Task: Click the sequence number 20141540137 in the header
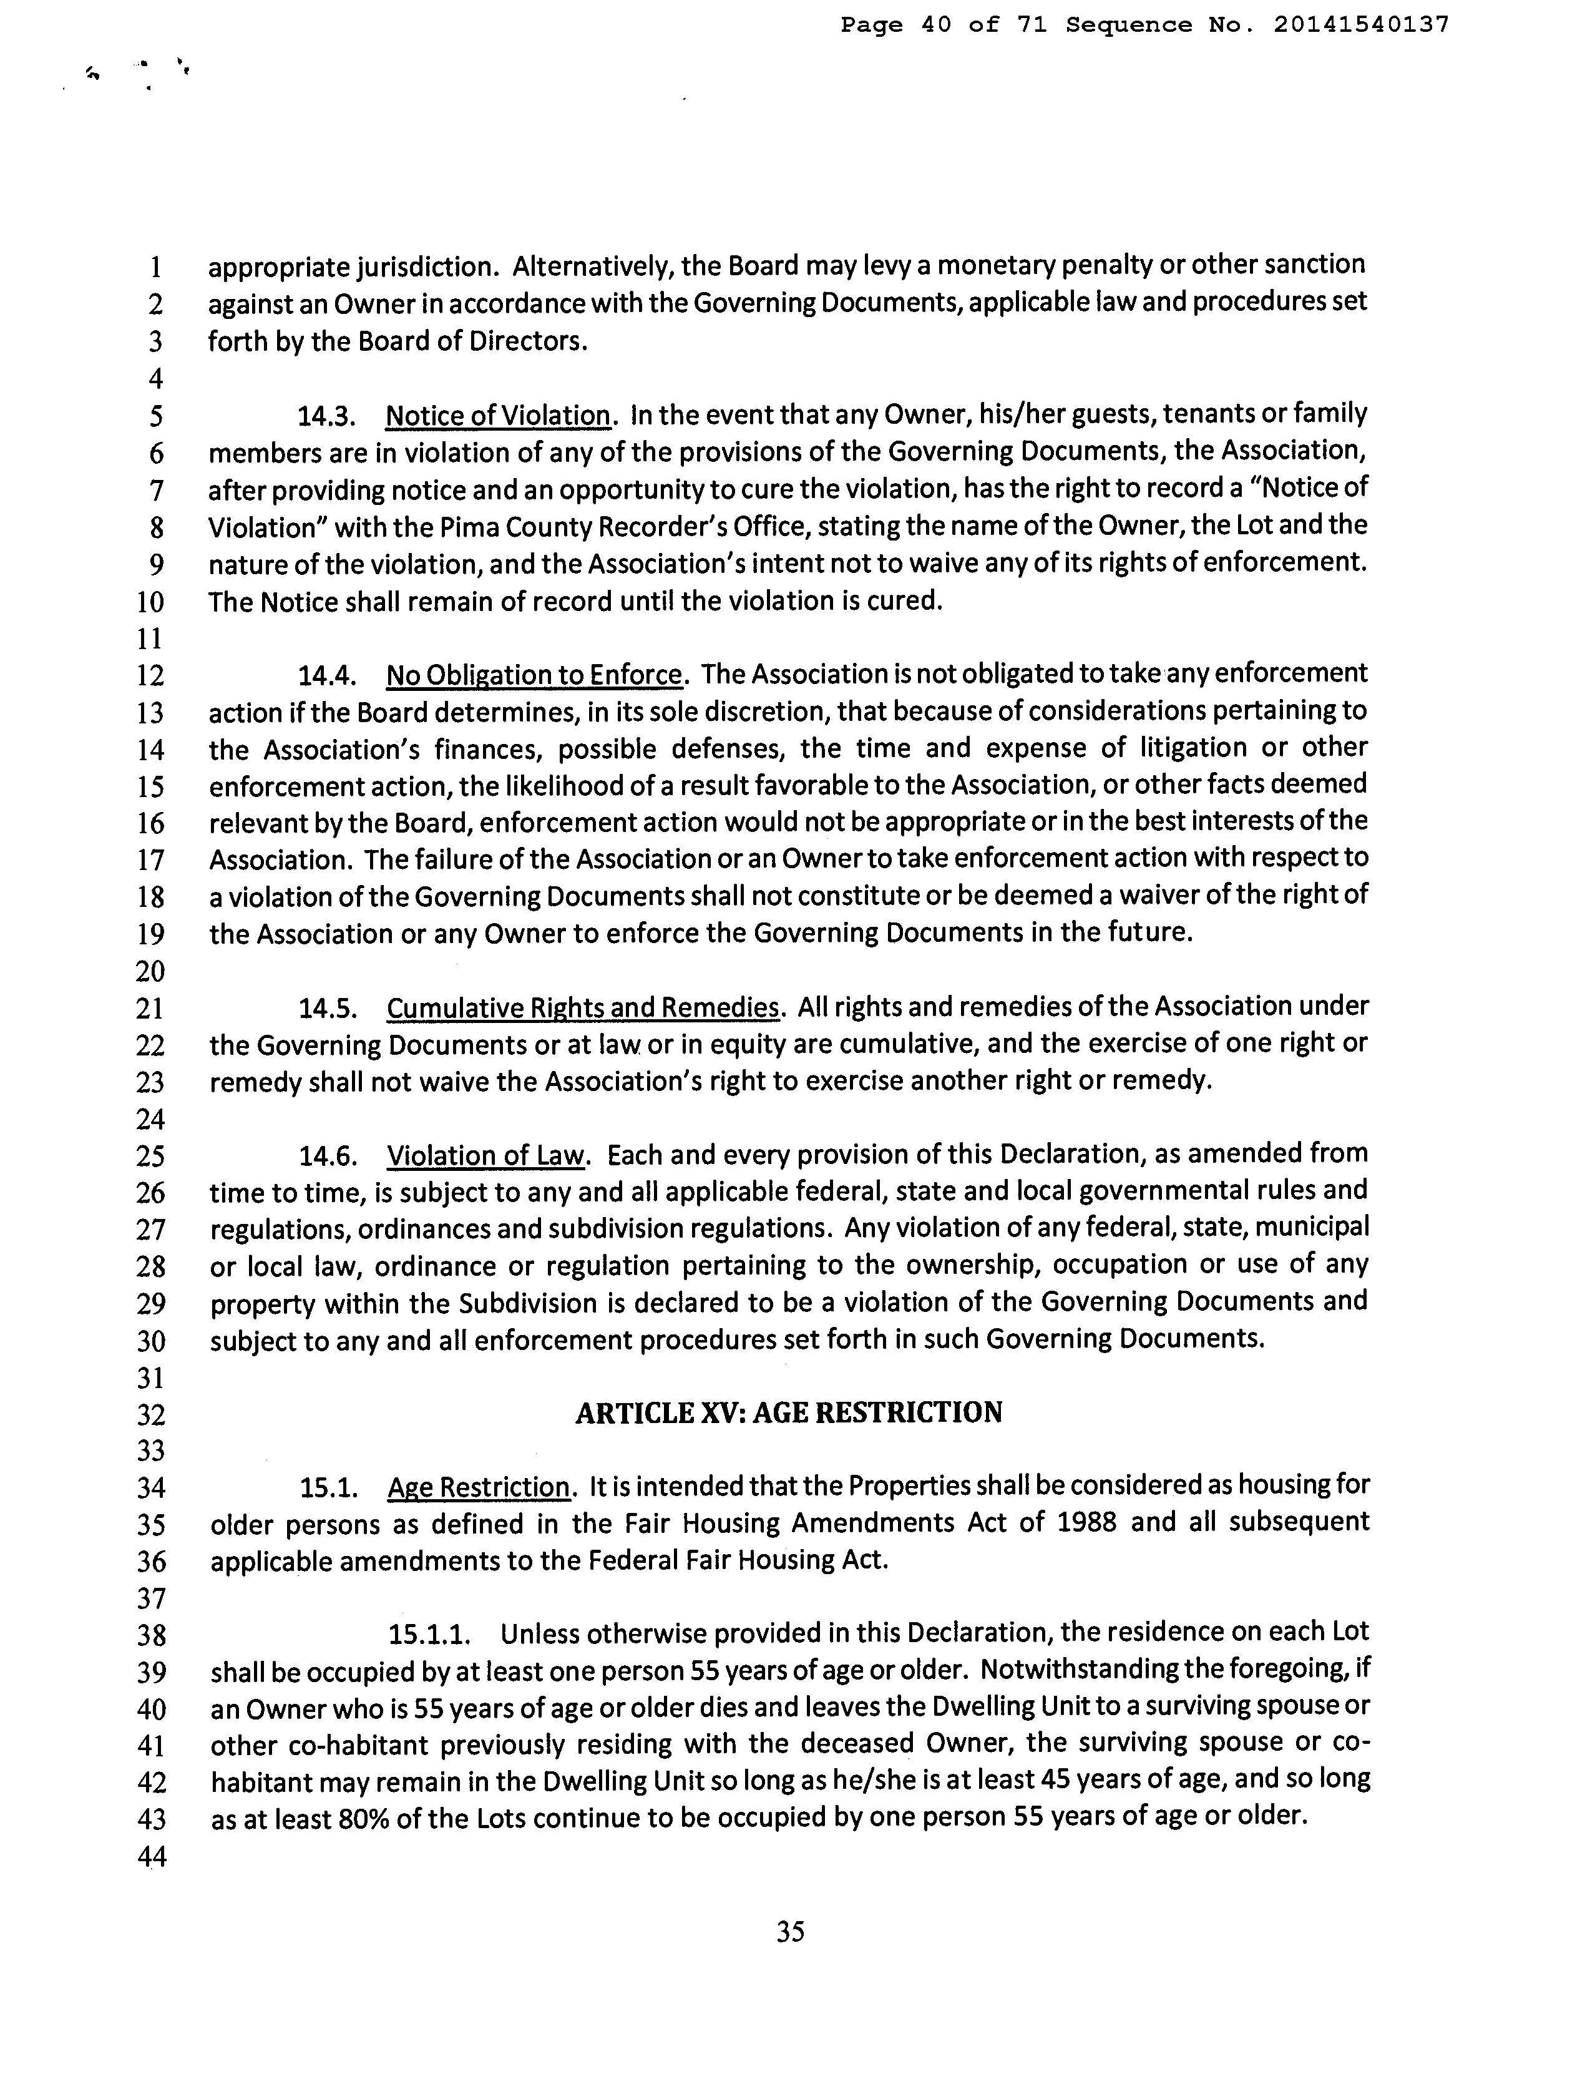[1360, 26]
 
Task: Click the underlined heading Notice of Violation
[497, 416]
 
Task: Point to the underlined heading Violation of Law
[484, 1155]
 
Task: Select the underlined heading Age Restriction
[479, 1487]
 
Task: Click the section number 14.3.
[326, 416]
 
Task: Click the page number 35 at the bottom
[790, 1932]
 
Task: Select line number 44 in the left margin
[151, 1856]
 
